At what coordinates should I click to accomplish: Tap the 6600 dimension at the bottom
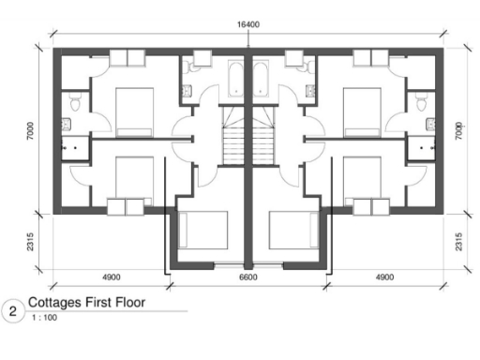pos(247,277)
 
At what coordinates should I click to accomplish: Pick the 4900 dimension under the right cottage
pos(384,277)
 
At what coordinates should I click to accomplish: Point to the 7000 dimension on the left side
pos(32,131)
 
